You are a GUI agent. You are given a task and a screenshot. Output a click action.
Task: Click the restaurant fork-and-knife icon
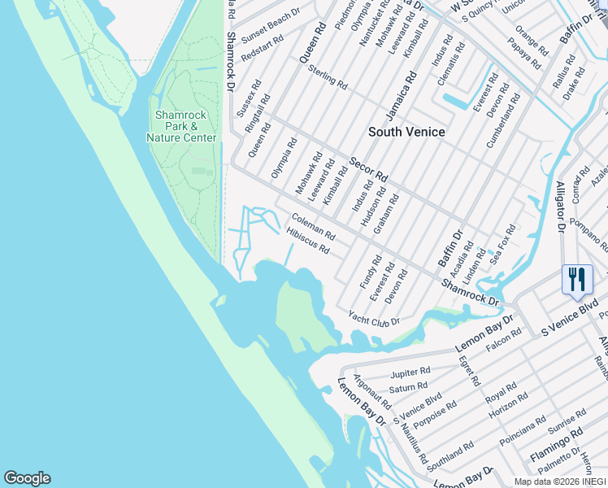[577, 279]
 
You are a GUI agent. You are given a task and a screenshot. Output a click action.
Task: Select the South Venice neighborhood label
[406, 132]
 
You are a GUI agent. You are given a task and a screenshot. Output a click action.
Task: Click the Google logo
[27, 478]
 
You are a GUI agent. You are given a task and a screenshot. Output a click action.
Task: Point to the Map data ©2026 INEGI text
[560, 481]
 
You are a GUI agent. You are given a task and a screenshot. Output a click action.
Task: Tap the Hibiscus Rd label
[308, 241]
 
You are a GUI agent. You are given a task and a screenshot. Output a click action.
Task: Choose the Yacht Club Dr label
[374, 317]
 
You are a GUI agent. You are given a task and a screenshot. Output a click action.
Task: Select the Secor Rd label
[369, 168]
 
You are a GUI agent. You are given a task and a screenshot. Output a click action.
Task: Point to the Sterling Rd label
[328, 79]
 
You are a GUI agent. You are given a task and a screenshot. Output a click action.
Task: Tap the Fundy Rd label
[371, 272]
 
